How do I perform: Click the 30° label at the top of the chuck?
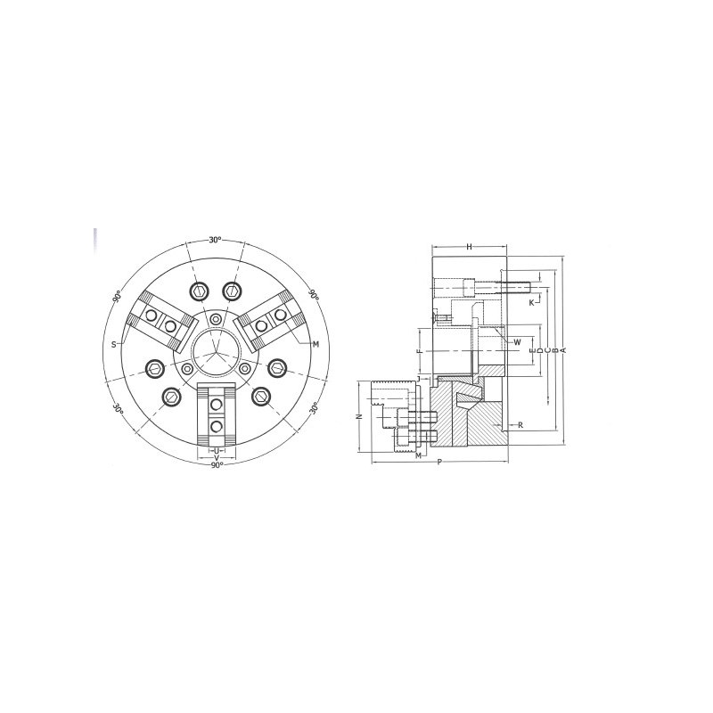coord(215,240)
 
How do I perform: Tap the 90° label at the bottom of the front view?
coord(217,464)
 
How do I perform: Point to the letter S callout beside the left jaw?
coord(114,345)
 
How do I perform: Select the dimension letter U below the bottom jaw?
coord(217,451)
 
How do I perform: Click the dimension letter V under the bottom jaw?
coord(217,457)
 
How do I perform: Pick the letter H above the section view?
coord(470,247)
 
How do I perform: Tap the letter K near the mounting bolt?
coord(531,303)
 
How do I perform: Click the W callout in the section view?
coord(517,342)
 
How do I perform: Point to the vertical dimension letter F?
coord(420,351)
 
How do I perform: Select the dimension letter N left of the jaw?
coord(359,416)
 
